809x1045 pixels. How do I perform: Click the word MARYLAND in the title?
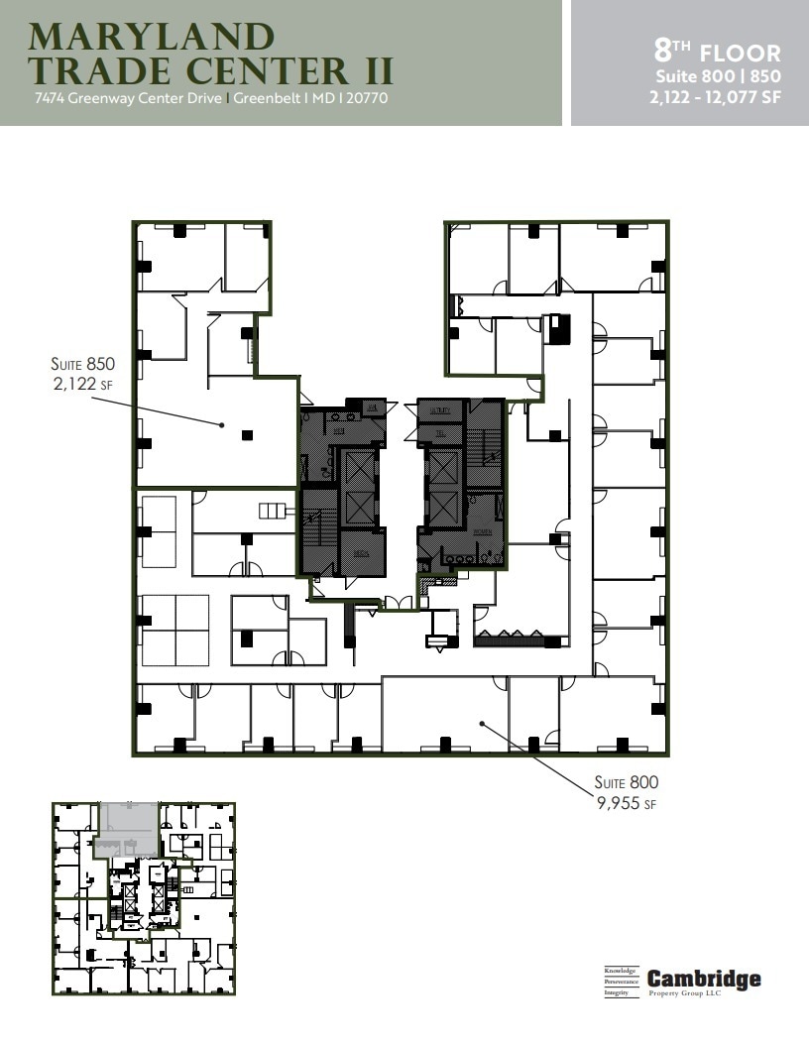click(151, 37)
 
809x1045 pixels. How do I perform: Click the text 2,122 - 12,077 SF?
click(717, 95)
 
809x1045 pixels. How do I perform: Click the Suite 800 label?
click(626, 782)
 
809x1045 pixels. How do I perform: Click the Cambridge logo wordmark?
click(704, 979)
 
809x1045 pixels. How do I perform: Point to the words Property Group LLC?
click(685, 992)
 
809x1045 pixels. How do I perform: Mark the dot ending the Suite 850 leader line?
click(223, 425)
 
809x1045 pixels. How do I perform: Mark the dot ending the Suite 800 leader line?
click(482, 724)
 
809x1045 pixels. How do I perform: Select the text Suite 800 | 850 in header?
click(717, 75)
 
